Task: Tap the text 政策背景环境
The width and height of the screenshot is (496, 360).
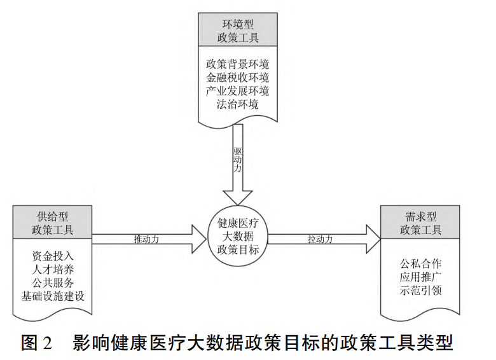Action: point(237,65)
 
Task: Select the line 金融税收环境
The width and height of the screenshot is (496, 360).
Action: point(237,78)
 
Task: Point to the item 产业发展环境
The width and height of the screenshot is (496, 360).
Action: point(237,91)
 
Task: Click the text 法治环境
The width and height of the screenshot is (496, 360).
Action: point(237,104)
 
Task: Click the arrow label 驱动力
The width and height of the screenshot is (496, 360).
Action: point(237,160)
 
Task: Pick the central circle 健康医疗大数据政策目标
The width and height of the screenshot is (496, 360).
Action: point(237,236)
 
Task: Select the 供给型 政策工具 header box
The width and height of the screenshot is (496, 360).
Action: point(52,222)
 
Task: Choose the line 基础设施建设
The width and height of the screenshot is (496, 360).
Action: point(52,296)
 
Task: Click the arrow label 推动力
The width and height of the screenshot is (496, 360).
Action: point(146,240)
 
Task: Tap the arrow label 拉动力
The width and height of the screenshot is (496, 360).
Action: point(320,240)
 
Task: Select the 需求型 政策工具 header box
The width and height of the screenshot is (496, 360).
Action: point(420,222)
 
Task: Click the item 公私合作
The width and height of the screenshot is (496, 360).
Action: point(420,263)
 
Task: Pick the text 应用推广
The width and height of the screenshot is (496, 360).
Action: point(420,277)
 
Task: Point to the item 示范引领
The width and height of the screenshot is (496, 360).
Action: point(420,290)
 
